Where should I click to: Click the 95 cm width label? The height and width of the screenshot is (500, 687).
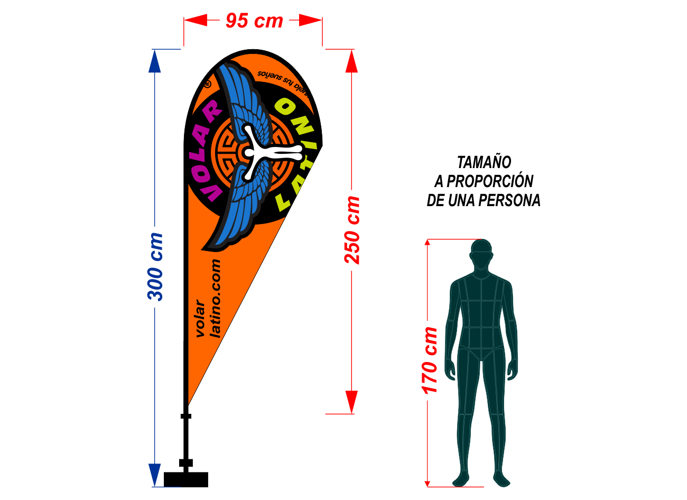coord(254,21)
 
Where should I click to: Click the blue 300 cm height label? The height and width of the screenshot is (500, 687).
coord(156,267)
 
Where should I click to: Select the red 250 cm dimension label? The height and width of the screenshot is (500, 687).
coord(352,230)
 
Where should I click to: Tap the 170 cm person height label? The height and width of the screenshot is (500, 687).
coord(430,360)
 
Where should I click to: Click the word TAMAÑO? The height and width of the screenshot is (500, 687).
coord(484,162)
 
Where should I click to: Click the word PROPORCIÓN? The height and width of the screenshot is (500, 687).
coord(490,181)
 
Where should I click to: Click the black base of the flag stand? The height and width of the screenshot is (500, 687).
coord(186,479)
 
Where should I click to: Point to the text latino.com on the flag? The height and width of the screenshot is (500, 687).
coord(215,299)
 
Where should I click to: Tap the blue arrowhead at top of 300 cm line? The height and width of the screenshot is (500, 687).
coord(154,60)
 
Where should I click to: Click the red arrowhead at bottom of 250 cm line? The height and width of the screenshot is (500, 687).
coord(351,402)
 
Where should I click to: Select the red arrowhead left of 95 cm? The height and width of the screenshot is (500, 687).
coord(196,21)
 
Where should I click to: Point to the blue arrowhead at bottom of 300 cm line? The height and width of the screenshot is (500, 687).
coord(154,474)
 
